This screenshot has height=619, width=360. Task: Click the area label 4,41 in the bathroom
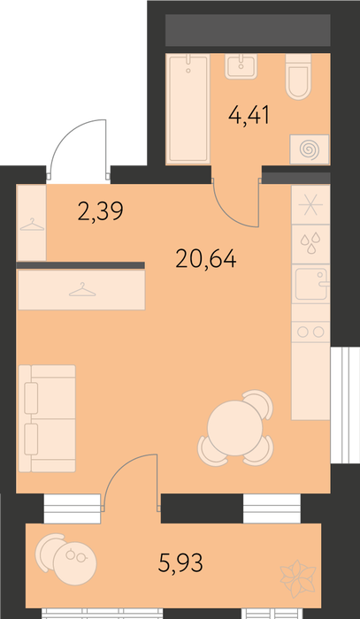(249, 116)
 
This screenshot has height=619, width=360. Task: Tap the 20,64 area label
(206, 259)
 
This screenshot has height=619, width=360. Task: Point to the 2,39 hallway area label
(101, 211)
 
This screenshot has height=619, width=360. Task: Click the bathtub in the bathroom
(188, 109)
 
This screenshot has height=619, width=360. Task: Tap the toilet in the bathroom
(298, 77)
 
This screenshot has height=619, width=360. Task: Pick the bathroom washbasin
(241, 66)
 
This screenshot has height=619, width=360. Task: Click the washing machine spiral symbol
(309, 149)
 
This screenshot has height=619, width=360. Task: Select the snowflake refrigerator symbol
(310, 205)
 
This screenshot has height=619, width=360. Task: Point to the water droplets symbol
(310, 243)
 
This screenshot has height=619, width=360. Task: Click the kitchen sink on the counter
(311, 284)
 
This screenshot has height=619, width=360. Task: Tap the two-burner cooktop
(310, 332)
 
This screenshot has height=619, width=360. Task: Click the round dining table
(235, 428)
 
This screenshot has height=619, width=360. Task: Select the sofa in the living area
(47, 418)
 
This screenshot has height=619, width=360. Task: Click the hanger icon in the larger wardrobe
(82, 290)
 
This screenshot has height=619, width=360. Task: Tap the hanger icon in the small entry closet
(32, 225)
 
